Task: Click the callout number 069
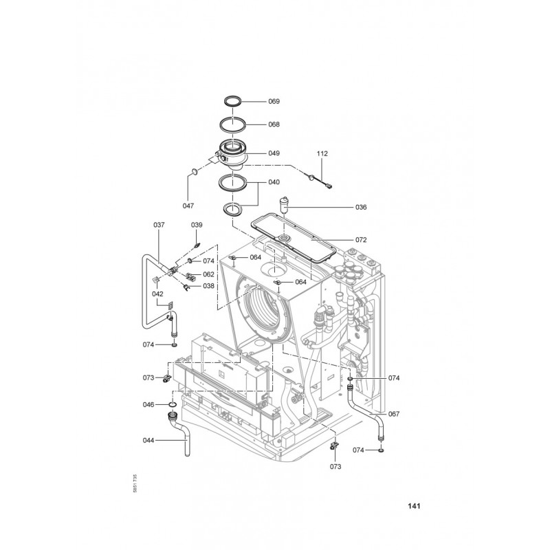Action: click(x=274, y=101)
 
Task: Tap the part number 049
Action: click(x=274, y=153)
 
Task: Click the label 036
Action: click(x=361, y=208)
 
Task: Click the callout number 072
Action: click(x=361, y=240)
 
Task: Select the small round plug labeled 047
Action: click(x=194, y=171)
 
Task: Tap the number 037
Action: click(x=159, y=225)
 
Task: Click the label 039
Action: click(x=197, y=225)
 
